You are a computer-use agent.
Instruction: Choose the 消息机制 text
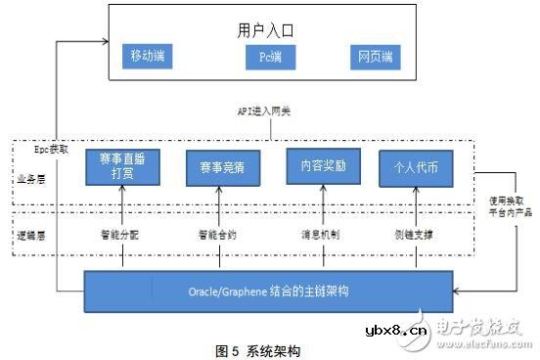(x=318, y=236)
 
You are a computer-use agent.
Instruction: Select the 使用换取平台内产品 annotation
(x=509, y=207)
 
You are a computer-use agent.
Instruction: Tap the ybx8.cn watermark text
(x=397, y=330)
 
